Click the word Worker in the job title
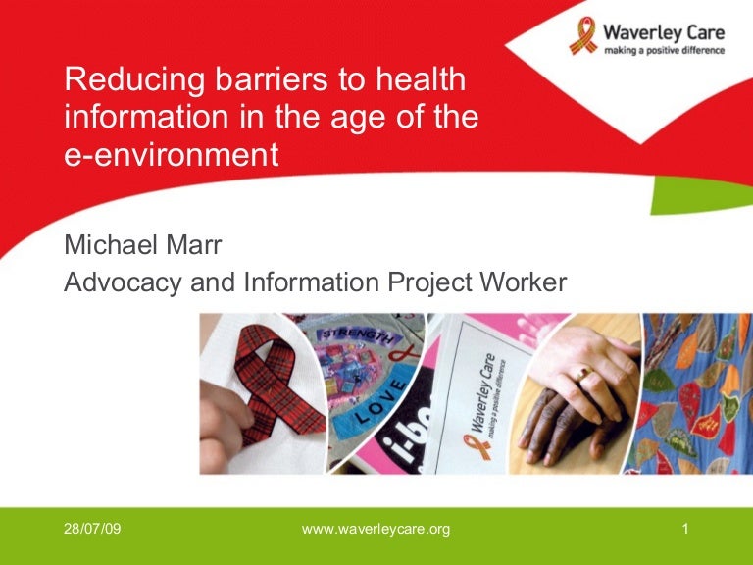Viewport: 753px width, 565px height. tap(522, 282)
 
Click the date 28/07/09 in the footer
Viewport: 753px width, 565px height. tap(92, 530)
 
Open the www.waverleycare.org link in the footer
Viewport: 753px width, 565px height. tap(376, 530)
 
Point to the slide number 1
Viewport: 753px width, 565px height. tap(685, 530)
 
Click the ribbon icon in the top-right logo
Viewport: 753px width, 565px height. tap(582, 35)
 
